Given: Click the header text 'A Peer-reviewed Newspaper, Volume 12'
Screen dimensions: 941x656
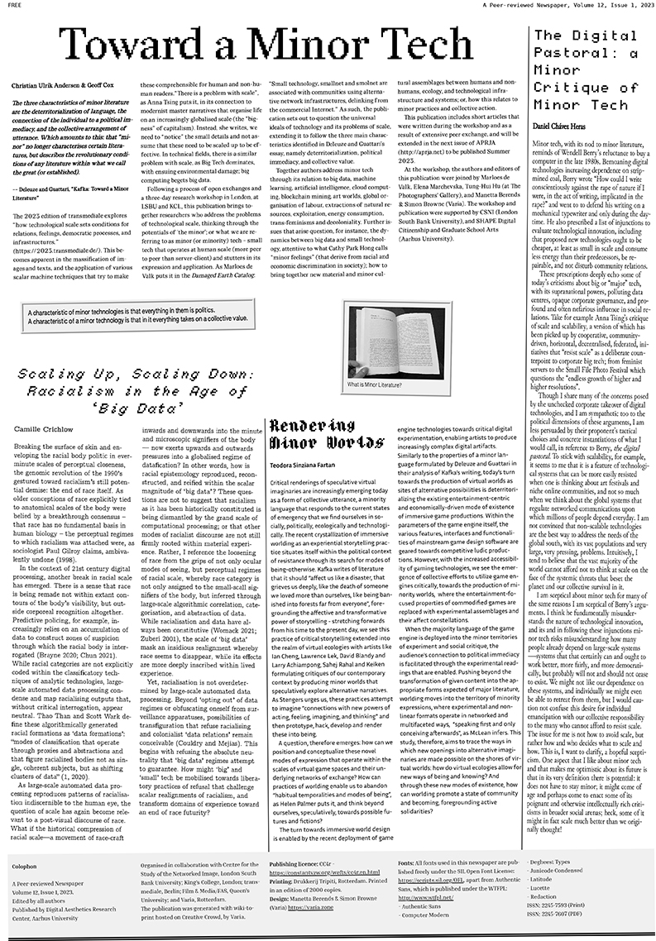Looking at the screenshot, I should (529, 7).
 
